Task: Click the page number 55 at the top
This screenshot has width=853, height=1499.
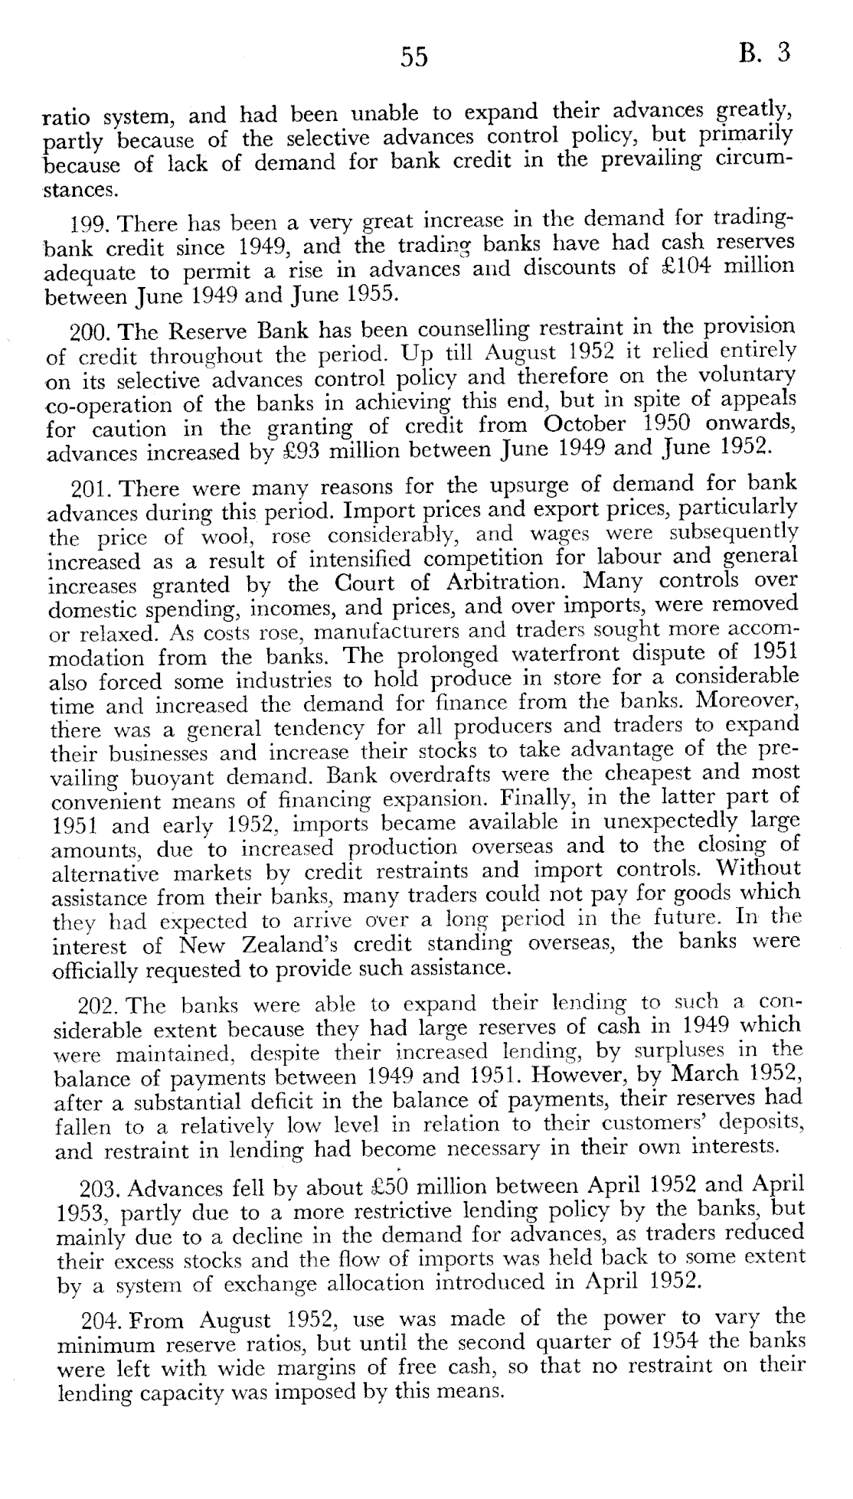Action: pos(413,57)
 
